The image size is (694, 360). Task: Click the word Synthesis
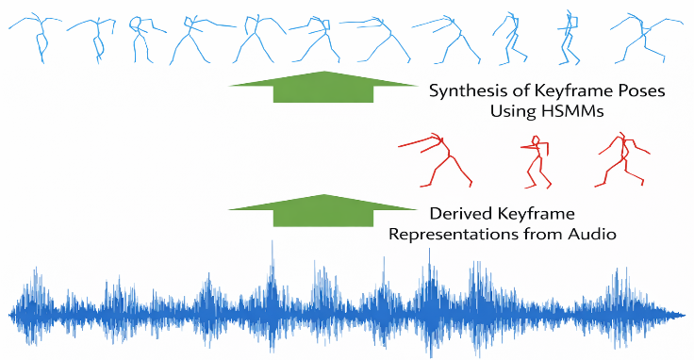pyautogui.click(x=463, y=91)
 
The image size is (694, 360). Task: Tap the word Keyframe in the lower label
pyautogui.click(x=530, y=214)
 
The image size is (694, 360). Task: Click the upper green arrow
pyautogui.click(x=323, y=87)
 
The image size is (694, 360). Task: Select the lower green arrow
pyautogui.click(x=323, y=210)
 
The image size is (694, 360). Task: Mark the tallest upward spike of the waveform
pyautogui.click(x=273, y=241)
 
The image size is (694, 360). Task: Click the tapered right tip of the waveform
pyautogui.click(x=686, y=316)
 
